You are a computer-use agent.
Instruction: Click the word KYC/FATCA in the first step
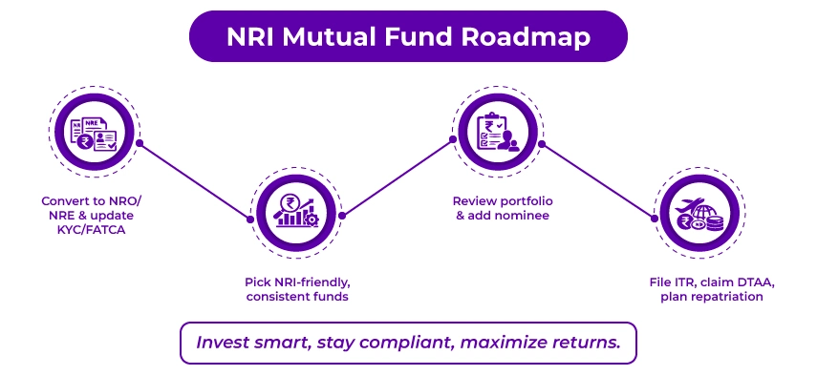[x=96, y=230]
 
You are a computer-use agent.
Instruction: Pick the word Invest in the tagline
[x=223, y=342]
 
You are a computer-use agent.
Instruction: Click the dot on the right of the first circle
[x=140, y=143]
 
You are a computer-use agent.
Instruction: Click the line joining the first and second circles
[x=195, y=180]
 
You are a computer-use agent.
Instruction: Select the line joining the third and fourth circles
[x=597, y=180]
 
